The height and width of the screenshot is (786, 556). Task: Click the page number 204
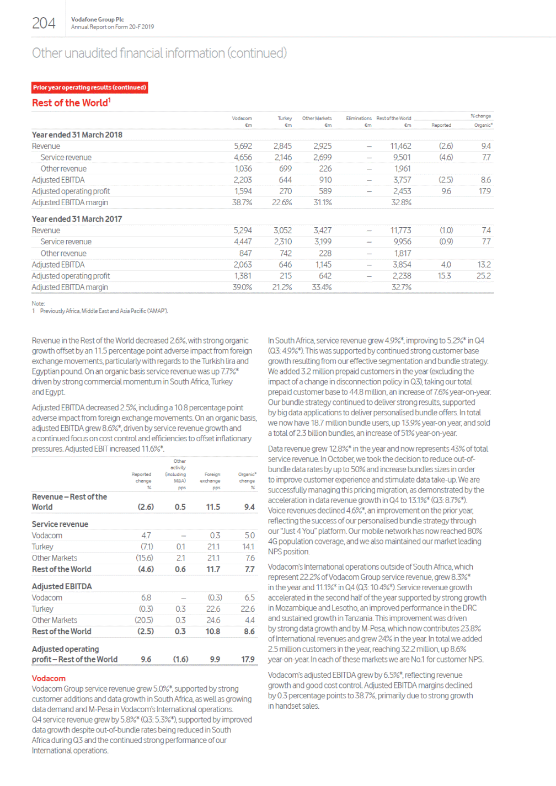pos(44,23)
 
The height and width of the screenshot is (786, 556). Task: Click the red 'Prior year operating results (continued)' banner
pos(89,88)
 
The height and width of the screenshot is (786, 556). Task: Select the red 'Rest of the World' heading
pos(71,103)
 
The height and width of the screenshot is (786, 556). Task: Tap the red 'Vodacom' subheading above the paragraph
pos(49,678)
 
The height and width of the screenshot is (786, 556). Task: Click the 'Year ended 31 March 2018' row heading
pos(77,135)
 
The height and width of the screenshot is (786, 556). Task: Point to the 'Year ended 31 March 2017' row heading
pos(77,219)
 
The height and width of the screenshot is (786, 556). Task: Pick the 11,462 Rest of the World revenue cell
pos(400,146)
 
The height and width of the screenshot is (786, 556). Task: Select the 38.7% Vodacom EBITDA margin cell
pos(242,202)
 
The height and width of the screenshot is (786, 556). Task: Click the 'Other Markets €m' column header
pos(317,121)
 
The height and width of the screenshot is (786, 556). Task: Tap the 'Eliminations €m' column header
pos(359,121)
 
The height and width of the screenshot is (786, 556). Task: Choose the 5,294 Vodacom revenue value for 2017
pos(243,231)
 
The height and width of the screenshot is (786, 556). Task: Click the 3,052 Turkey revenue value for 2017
pos(282,231)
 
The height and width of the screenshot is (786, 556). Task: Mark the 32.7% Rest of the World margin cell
pos(401,287)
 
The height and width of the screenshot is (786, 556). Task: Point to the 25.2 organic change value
pos(483,276)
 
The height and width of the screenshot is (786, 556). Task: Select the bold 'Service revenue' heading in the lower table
pos(60,524)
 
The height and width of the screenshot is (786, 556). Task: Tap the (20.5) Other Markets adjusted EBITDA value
pos(144,620)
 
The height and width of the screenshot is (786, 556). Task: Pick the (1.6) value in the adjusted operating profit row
pos(180,659)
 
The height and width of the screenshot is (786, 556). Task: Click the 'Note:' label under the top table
pos(38,303)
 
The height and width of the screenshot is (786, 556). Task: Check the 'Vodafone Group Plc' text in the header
pos(98,19)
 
